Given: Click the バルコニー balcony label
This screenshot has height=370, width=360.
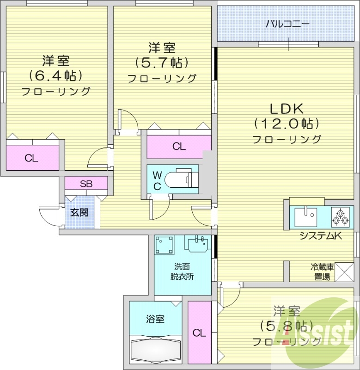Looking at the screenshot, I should (287, 24).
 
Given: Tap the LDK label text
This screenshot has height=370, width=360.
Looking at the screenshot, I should (287, 109).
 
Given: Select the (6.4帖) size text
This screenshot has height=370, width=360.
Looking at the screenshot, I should (55, 75).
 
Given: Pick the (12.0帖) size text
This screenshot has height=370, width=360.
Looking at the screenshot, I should (287, 124).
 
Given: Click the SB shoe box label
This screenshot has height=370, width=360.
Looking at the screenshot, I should (86, 184).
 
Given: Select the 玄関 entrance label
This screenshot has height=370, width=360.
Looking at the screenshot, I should (79, 213).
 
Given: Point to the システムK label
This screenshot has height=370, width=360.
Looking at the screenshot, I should (320, 236).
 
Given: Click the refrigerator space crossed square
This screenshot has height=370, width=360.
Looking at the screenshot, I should (343, 271).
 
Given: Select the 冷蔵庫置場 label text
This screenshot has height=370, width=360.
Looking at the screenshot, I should (322, 272).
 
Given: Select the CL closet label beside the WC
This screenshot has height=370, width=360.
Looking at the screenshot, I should (179, 147).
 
